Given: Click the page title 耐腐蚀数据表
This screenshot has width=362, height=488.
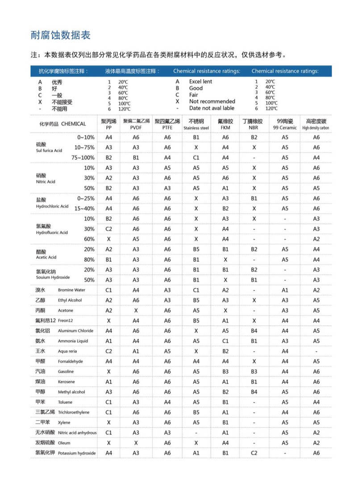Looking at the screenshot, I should click(61, 35).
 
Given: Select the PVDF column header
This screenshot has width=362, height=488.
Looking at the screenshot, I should click(136, 124).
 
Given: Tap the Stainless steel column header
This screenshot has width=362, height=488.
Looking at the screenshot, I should click(196, 124).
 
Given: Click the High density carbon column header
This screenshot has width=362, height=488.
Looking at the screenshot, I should click(316, 124).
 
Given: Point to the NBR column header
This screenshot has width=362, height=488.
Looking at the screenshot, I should click(253, 124).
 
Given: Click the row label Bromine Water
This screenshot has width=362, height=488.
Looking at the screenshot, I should click(71, 290).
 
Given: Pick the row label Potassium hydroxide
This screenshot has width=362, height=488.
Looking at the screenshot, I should click(77, 453).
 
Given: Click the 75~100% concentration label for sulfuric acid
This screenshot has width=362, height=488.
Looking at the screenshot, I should click(83, 157).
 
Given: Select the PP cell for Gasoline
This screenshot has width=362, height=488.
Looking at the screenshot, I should click(108, 371).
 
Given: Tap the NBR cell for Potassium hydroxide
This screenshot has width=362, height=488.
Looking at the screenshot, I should click(254, 453).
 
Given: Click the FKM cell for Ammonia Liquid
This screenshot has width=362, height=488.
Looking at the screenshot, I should click(225, 341).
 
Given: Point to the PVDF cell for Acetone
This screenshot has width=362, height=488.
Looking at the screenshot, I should click(136, 311).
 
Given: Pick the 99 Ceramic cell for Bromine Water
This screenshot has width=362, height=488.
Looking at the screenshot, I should click(285, 290).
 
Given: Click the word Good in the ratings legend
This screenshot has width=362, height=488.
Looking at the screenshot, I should click(196, 88).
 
